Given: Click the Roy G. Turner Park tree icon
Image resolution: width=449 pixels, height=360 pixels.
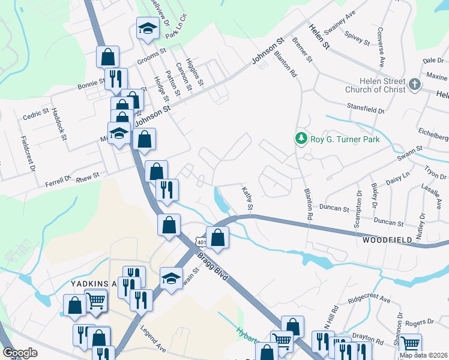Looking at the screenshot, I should pyautogui.click(x=301, y=139).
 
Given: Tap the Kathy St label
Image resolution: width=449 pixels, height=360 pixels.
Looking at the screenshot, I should pyautogui.click(x=247, y=198).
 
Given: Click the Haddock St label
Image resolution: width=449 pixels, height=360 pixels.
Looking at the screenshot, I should pyautogui.click(x=59, y=124).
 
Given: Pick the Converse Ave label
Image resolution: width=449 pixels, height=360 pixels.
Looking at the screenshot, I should pyautogui.click(x=380, y=46).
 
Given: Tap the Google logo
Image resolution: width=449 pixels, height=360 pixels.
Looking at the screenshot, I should pyautogui.click(x=20, y=353).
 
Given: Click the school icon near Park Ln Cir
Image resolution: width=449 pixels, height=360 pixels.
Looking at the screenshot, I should pyautogui.click(x=147, y=29).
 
